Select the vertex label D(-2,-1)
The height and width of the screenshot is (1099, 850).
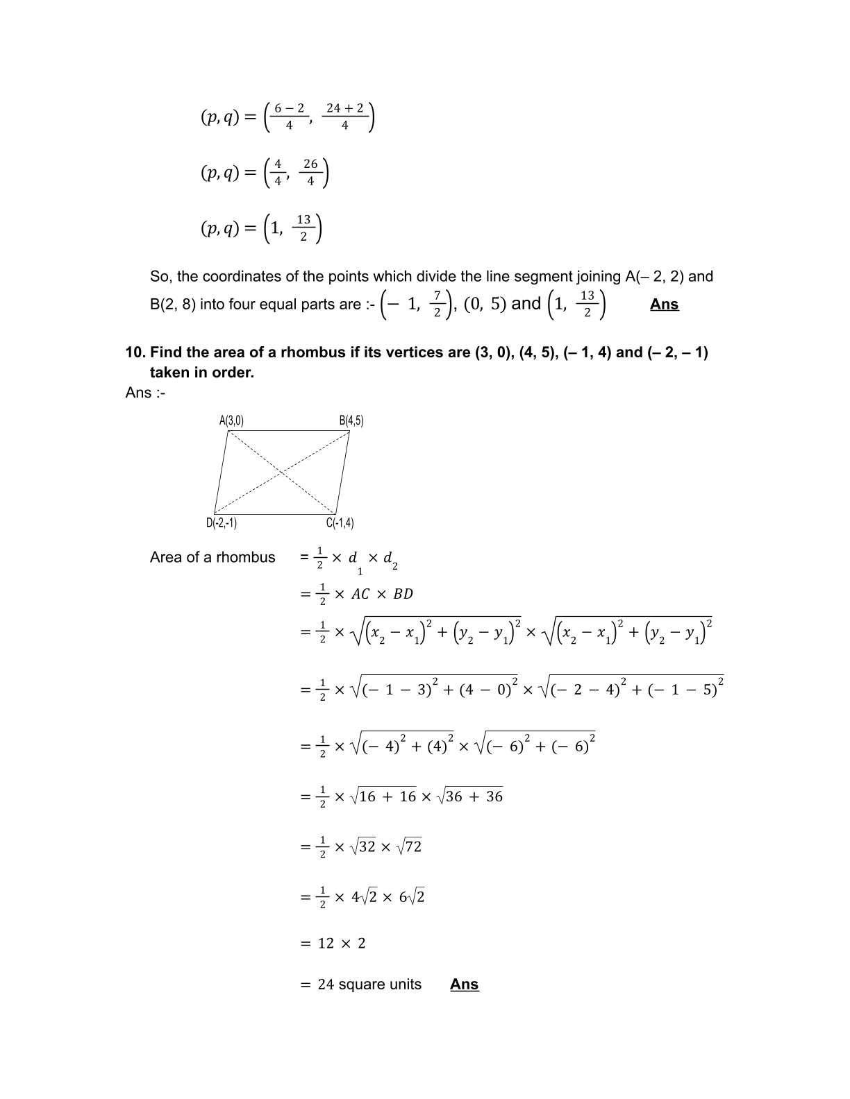221,523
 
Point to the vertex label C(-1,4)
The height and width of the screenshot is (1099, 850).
340,523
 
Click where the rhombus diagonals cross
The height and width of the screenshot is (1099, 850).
281,472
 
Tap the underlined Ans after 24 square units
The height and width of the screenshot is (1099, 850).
464,985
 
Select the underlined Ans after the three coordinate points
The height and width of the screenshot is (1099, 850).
664,305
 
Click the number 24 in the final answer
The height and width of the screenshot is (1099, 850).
326,985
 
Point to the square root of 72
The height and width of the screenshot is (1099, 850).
409,846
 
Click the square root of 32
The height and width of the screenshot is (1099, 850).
363,846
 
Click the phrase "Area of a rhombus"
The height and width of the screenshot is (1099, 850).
212,558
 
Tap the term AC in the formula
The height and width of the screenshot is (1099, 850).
360,594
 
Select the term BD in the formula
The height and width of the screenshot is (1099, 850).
403,594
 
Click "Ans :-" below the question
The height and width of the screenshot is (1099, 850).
145,393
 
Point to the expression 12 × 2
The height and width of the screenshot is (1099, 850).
341,944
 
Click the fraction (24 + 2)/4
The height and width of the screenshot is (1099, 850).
345,116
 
